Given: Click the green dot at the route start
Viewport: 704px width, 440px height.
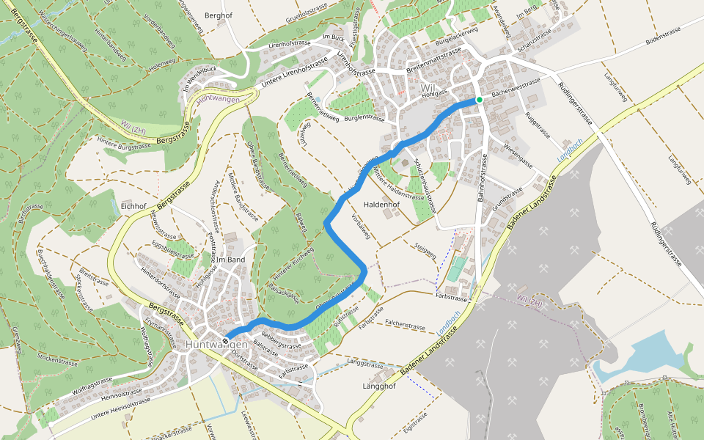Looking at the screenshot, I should (x=479, y=99).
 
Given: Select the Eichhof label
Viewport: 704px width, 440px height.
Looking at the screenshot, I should (x=135, y=206).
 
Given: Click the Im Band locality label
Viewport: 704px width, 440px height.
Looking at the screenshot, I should (x=230, y=260).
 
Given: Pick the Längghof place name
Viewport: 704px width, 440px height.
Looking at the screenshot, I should (x=380, y=386).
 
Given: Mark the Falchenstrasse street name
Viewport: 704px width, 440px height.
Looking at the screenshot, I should (x=406, y=326).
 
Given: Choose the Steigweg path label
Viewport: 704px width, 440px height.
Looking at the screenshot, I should (x=425, y=251).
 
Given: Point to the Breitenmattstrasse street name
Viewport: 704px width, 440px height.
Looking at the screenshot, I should (x=433, y=61).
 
